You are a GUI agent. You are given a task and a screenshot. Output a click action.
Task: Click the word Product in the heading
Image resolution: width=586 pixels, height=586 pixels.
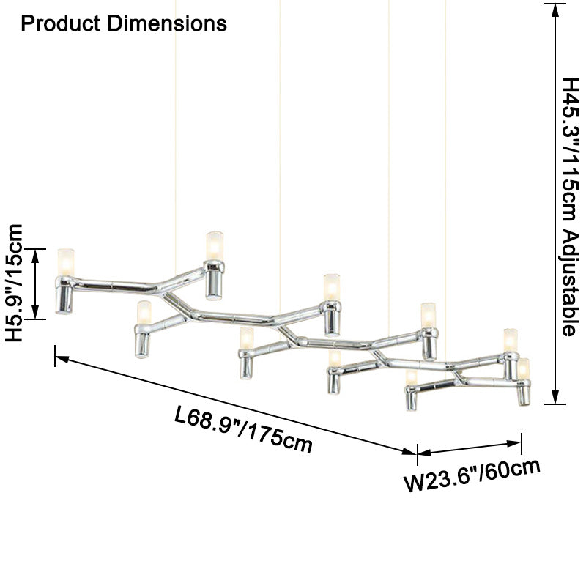(61, 23)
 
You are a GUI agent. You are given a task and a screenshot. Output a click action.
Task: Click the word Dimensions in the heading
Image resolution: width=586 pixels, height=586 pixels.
(167, 23)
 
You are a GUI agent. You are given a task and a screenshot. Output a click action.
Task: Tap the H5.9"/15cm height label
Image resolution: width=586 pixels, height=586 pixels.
(14, 283)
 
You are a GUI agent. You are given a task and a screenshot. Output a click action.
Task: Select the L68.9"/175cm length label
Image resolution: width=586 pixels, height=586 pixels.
(243, 430)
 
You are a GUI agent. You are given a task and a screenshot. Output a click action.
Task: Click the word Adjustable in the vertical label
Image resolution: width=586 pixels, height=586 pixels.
(571, 283)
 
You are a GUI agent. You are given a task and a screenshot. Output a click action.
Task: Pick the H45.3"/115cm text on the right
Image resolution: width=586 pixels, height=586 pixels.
(571, 152)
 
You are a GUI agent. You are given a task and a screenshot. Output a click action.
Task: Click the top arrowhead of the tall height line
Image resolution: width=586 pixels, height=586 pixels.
(555, 10)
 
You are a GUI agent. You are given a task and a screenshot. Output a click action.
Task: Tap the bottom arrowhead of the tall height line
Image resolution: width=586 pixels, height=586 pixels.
(555, 397)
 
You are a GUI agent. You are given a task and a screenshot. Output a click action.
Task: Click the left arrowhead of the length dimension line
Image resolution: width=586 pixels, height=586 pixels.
(62, 359)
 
